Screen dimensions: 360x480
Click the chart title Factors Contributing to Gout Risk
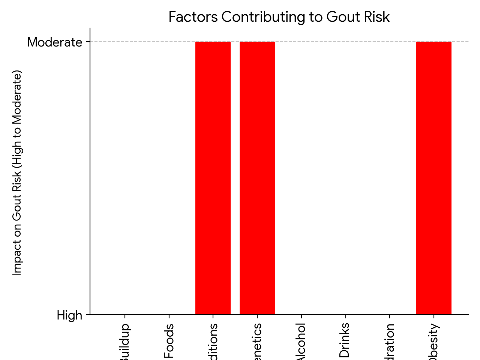point(279,17)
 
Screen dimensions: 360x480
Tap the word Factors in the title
point(193,17)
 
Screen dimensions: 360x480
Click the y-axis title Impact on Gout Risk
point(17,172)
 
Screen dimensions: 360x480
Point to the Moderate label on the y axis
point(55,42)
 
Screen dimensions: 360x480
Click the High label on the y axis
point(69,315)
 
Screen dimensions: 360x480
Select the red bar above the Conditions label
point(213,178)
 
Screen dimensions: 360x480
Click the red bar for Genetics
point(257,178)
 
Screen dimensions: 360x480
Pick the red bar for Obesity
point(434,178)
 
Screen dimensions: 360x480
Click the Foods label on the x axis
point(169,341)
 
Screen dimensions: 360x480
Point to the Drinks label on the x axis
point(345,340)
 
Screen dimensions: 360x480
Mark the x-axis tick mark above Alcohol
point(301,318)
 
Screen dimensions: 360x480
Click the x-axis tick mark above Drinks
point(345,318)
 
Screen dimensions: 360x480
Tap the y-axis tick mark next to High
point(88,315)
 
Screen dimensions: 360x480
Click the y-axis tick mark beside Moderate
point(88,42)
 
